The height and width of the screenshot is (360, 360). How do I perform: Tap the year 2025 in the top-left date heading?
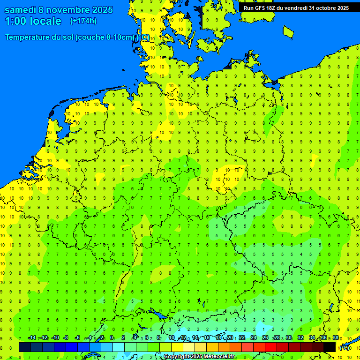pyautogui.click(x=99, y=10)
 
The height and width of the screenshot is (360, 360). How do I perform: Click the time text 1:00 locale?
pyautogui.click(x=33, y=22)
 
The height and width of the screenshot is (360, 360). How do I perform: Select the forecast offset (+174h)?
pyautogui.click(x=83, y=21)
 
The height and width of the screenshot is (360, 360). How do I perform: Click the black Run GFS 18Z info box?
pyautogui.click(x=295, y=7)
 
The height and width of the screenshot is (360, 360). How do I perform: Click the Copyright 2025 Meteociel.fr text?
pyautogui.click(x=199, y=357)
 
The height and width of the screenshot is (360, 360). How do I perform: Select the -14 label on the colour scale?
pyautogui.click(x=32, y=337)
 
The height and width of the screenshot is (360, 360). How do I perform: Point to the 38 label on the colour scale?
pyautogui.click(x=336, y=337)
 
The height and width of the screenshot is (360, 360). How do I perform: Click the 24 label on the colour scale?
pyautogui.click(x=254, y=337)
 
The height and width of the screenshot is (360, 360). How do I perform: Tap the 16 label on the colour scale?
pyautogui.click(x=207, y=337)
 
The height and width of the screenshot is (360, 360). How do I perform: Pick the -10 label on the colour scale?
pyautogui.click(x=55, y=337)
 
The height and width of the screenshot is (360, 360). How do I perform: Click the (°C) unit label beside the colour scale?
pyautogui.click(x=345, y=348)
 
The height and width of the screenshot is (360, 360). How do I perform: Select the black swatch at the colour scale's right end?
pyautogui.click(x=330, y=347)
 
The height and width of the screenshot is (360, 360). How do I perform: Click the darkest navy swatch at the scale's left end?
pyautogui.click(x=25, y=347)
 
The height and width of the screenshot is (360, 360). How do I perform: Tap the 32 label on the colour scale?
pyautogui.click(x=300, y=337)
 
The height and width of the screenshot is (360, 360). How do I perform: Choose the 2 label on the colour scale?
pyautogui.click(x=123, y=337)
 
